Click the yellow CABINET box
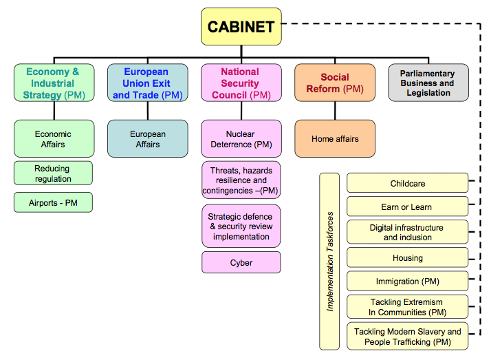241,27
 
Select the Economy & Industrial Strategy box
53,83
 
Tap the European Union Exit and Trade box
147,83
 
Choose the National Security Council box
241,83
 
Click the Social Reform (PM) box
335,83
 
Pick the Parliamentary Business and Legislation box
428,83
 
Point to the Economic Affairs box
53,138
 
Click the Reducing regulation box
53,173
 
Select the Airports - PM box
53,202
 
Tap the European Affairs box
147,138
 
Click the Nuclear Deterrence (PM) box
241,138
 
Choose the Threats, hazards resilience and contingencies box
241,180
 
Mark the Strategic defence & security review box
241,226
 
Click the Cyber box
241,262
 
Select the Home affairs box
335,138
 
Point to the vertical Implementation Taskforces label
330,262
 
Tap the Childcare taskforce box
407,183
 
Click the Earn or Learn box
407,207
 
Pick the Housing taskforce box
407,257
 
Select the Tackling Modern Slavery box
407,336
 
